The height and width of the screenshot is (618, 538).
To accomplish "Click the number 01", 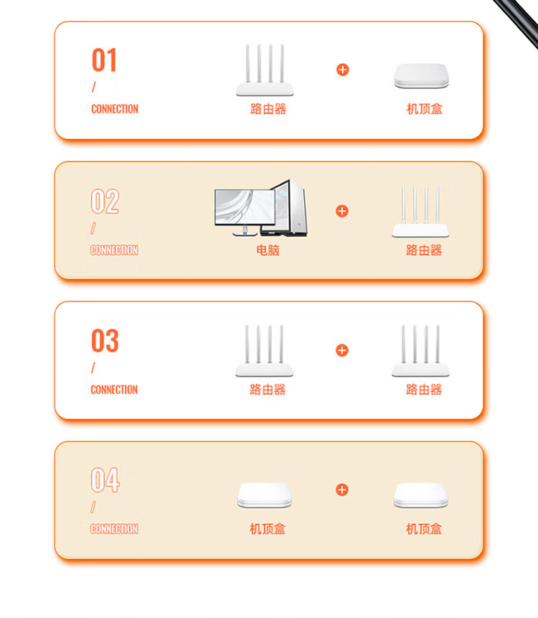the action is tap(104, 60).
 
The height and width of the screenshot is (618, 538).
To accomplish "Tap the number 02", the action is tap(105, 201).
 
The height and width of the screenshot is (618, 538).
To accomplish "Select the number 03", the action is tap(105, 340).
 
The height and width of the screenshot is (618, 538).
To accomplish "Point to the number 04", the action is tap(105, 479).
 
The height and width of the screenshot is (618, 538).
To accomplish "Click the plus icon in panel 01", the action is tap(343, 70).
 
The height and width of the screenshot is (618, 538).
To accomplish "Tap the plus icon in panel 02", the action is tap(342, 211).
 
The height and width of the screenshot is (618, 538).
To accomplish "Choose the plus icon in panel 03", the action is tap(342, 350).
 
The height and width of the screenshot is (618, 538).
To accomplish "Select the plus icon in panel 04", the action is tap(342, 490).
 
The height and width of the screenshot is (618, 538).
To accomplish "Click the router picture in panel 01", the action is tap(265, 70).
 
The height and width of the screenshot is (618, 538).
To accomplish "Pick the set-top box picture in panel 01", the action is tap(421, 75).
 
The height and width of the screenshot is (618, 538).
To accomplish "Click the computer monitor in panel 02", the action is tap(245, 212).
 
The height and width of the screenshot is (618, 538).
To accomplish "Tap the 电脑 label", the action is tap(268, 251).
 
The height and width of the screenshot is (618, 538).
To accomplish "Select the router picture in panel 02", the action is tap(420, 211).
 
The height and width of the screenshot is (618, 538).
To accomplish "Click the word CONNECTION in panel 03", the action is tap(114, 390).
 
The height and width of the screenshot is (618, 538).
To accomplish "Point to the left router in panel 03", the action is tap(264, 351).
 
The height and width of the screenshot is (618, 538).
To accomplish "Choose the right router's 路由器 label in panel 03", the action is tap(424, 390).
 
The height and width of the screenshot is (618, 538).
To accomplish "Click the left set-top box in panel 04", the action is tap(265, 495).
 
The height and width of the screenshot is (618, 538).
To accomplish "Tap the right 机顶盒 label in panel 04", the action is tap(424, 529).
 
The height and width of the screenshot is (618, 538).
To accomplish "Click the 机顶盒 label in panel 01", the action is tap(425, 109).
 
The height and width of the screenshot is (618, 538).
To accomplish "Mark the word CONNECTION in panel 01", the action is tap(115, 109).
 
